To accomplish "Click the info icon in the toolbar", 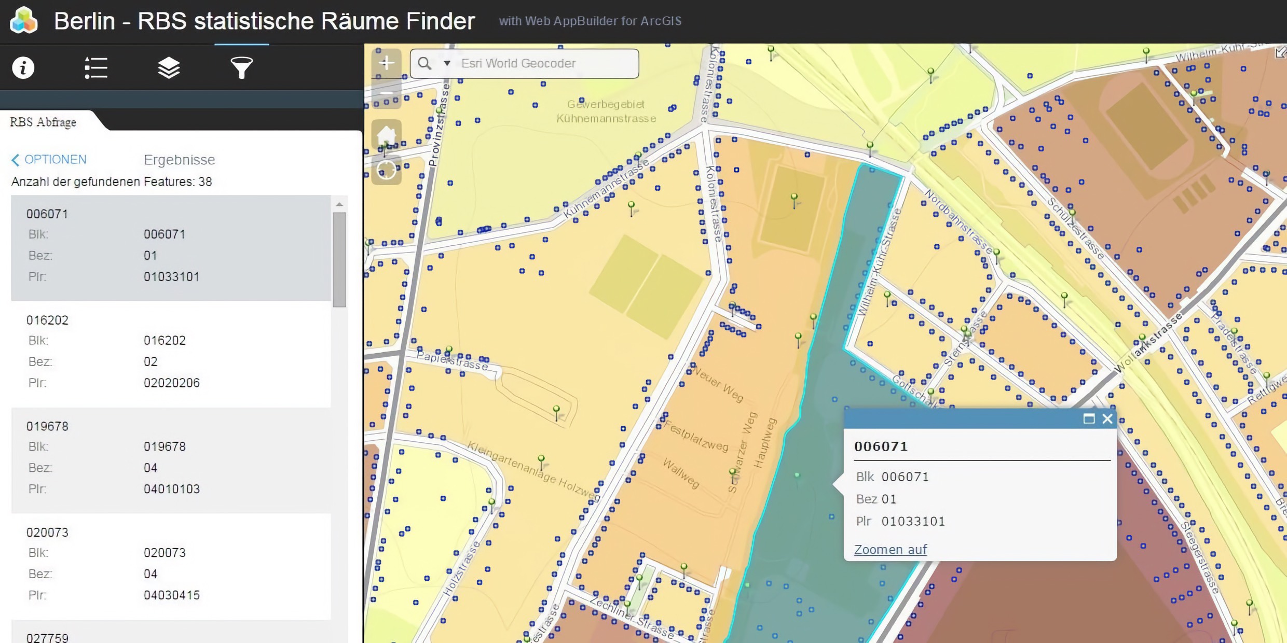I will click(x=23, y=68).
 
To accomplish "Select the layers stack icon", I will click(x=169, y=68).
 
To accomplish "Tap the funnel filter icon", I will click(x=241, y=68).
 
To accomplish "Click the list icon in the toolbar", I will click(x=96, y=68).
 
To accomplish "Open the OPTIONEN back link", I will click(x=49, y=159).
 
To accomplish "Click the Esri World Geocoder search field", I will click(x=545, y=63).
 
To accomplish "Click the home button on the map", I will click(x=387, y=136).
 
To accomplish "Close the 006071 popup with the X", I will click(x=1107, y=418).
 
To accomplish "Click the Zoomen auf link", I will click(x=891, y=550).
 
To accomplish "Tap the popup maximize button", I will click(x=1089, y=418).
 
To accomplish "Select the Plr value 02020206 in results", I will click(x=172, y=383).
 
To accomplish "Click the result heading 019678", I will click(x=47, y=426).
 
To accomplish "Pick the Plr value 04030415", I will click(x=172, y=595).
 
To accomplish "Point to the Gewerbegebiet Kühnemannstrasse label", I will click(x=606, y=111).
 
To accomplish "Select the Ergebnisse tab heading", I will click(x=179, y=160).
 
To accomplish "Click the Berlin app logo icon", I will click(x=24, y=21).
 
